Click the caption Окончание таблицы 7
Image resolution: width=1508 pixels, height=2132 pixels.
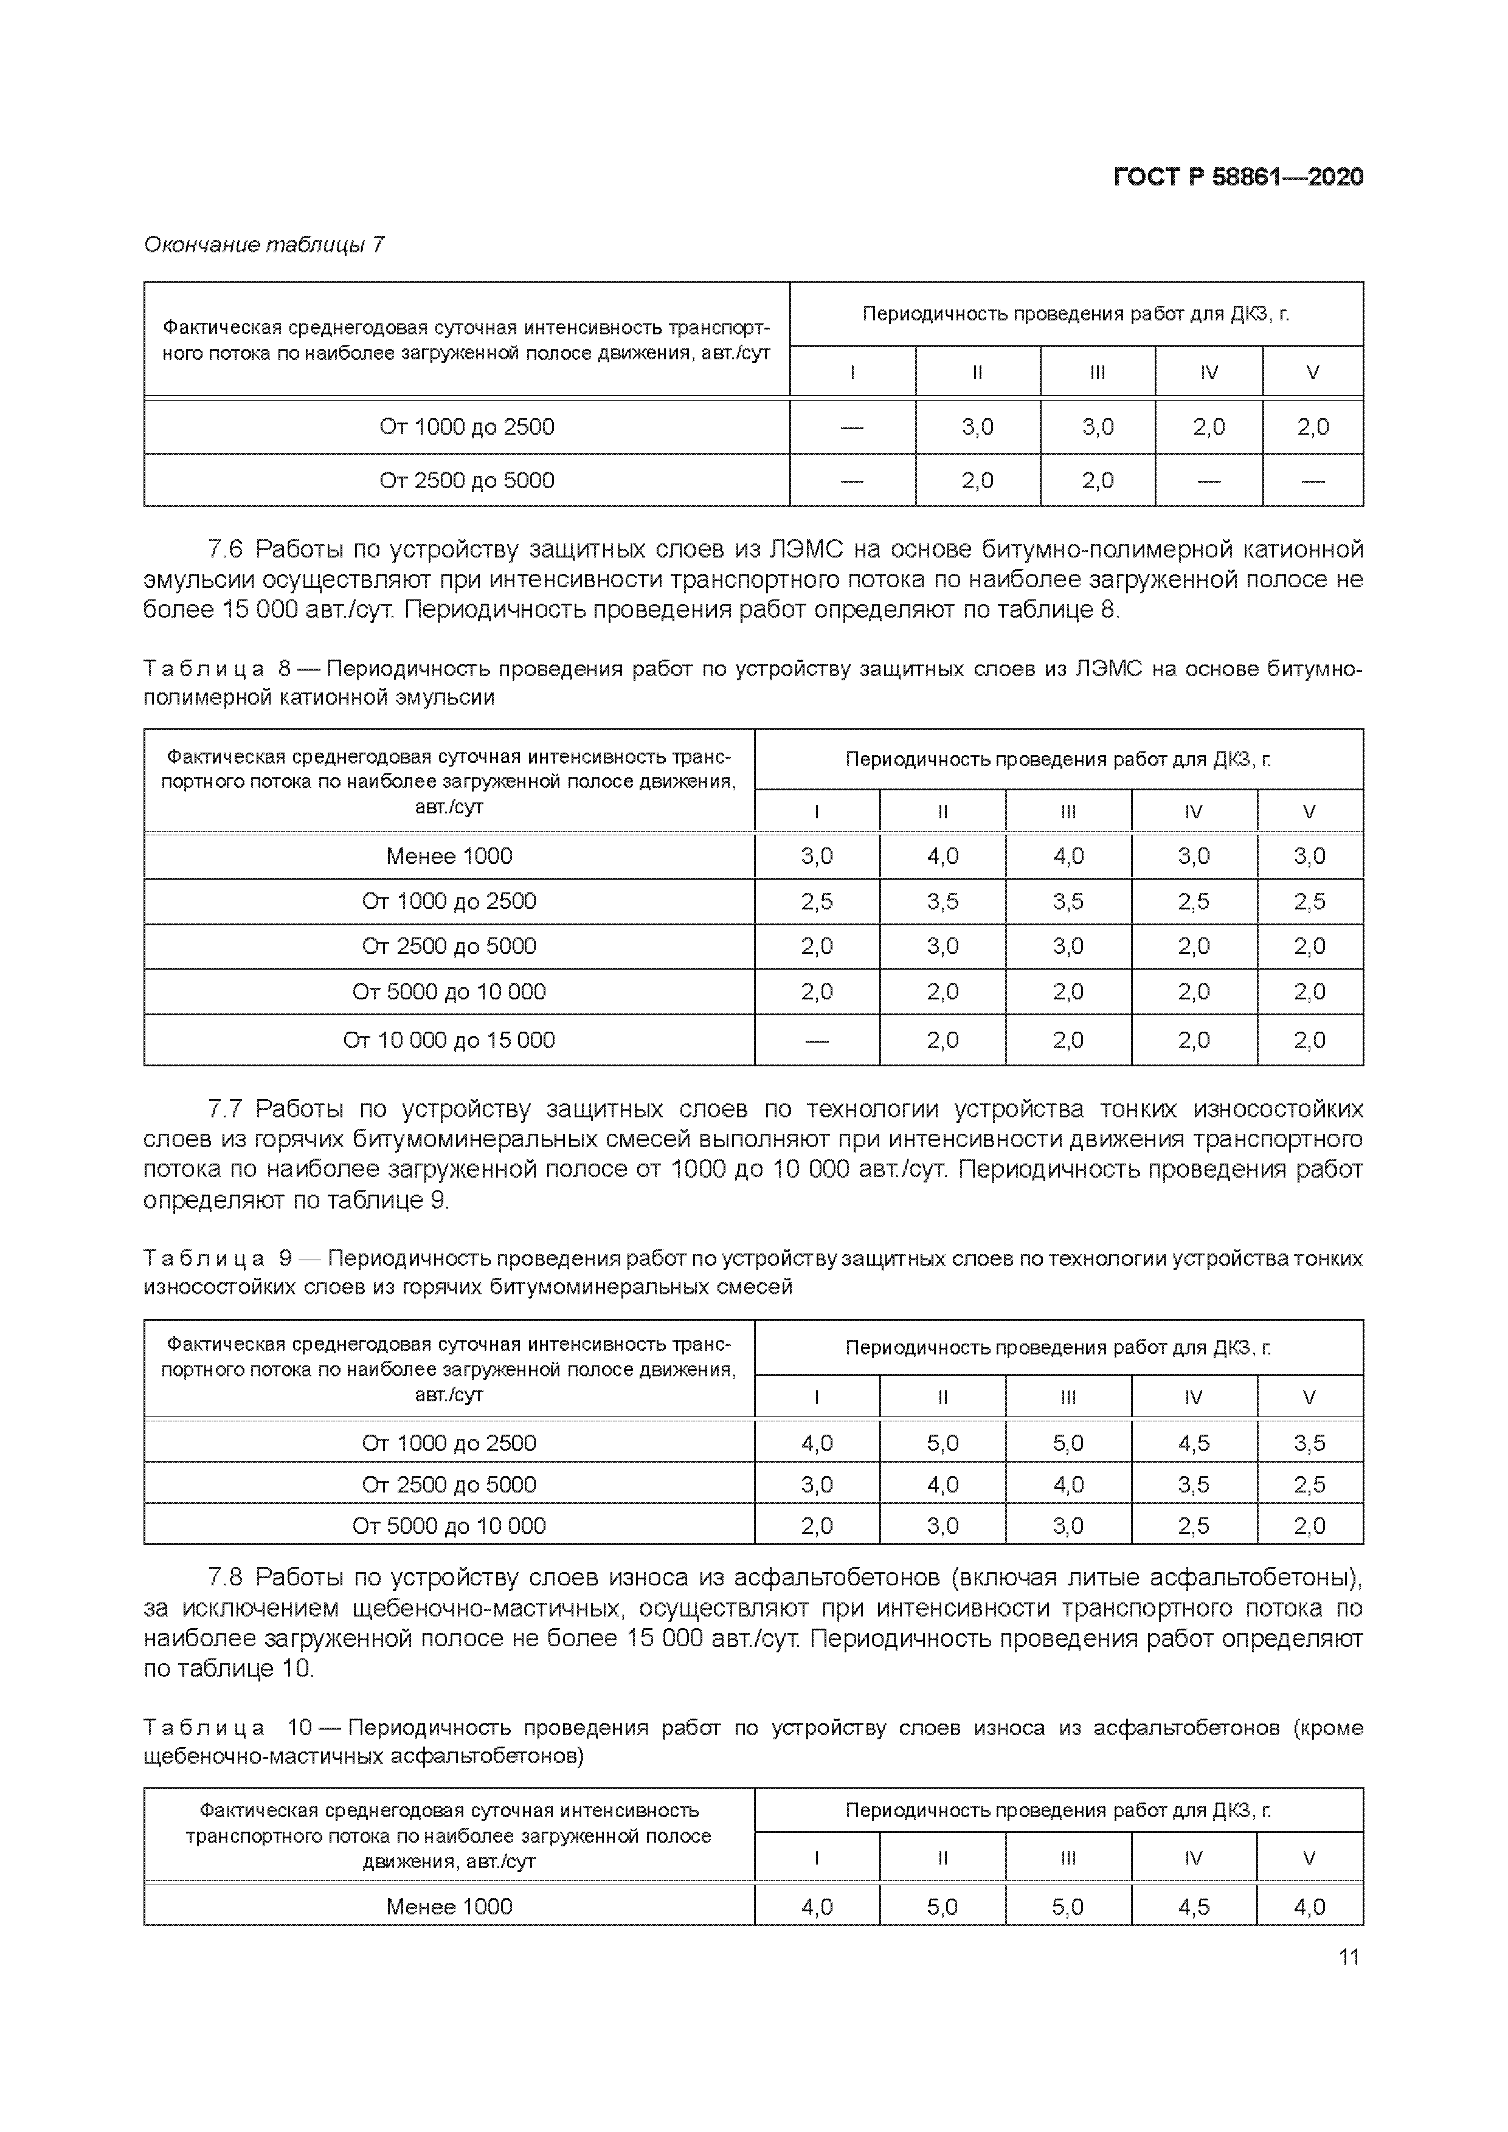tap(264, 245)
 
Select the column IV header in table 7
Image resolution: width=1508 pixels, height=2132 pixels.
tap(1208, 373)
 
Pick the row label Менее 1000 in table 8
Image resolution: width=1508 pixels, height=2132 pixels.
tap(449, 856)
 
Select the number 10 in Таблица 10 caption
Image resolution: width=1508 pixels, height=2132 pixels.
tap(299, 1728)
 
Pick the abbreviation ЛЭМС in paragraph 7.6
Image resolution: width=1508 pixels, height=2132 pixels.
tap(804, 550)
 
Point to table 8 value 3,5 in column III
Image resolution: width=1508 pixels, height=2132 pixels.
tap(1068, 902)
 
